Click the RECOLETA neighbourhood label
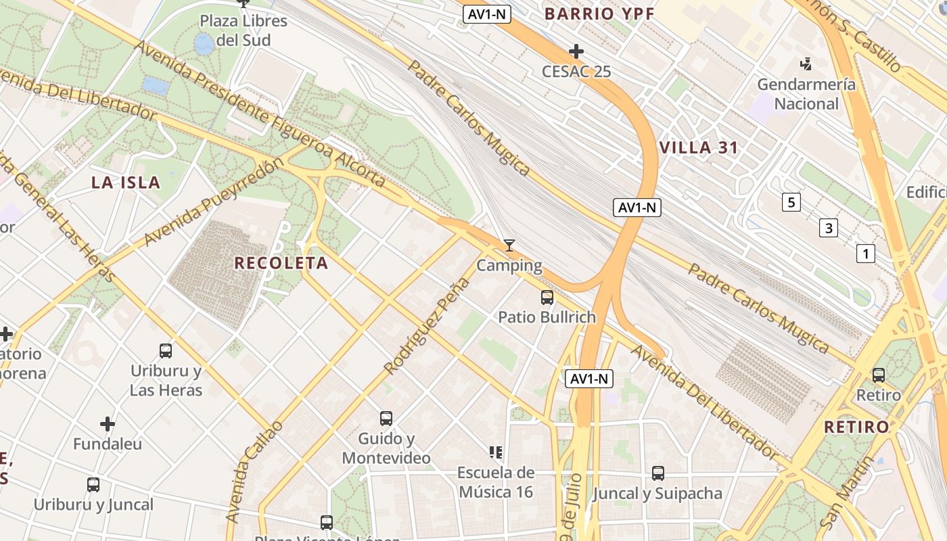281,263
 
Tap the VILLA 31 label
699,148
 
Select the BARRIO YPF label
598,14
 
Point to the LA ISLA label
126,183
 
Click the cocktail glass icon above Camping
509,245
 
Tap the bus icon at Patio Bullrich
547,297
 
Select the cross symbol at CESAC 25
576,51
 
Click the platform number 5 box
791,202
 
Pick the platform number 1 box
865,254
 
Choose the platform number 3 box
828,228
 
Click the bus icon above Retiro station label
878,375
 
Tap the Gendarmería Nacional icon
806,65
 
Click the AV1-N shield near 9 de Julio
589,379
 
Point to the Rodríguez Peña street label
426,326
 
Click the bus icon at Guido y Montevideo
386,419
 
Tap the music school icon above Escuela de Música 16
496,452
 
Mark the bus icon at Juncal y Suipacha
657,473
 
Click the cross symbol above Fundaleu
108,424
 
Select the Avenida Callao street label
254,471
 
